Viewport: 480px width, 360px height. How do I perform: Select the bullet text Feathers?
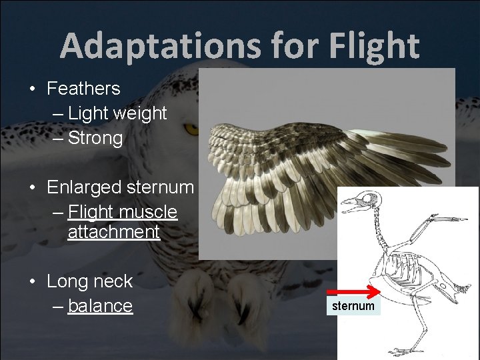83,88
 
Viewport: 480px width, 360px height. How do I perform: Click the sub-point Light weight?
117,113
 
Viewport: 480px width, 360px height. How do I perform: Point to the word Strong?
95,139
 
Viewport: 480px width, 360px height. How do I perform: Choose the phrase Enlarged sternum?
120,187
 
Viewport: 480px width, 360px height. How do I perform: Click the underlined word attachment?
113,232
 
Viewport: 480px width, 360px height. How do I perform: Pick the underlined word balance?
100,306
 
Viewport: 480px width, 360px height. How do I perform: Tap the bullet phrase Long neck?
89,281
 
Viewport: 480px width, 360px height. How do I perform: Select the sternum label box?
353,306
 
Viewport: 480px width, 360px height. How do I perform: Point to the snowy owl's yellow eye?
191,128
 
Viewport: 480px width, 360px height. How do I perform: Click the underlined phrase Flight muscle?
123,212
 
